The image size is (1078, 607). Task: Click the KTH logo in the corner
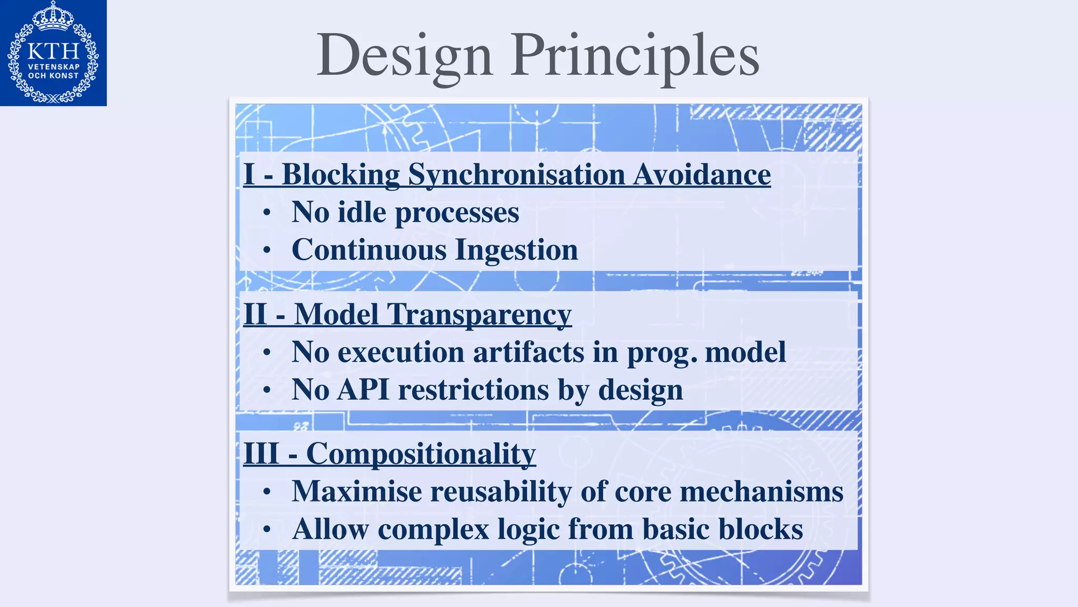[53, 53]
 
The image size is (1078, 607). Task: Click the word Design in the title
[404, 55]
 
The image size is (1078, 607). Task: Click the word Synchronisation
[516, 174]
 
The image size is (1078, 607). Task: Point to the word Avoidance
[702, 174]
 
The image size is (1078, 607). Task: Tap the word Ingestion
[516, 250]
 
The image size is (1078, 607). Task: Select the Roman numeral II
[256, 314]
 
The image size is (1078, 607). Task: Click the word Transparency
[479, 315]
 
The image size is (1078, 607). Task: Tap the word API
[363, 390]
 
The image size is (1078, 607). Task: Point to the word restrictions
[473, 390]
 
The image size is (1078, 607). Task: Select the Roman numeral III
[261, 453]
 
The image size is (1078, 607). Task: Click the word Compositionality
[421, 454]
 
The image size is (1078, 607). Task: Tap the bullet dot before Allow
[267, 530]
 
